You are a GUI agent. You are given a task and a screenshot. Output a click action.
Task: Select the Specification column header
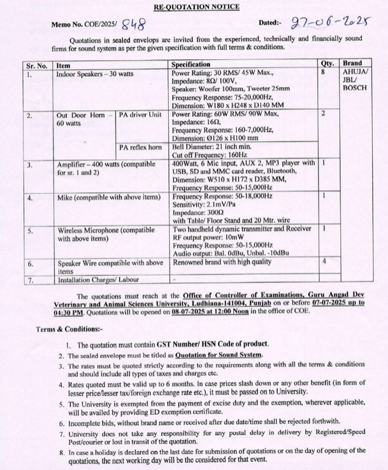pos(192,64)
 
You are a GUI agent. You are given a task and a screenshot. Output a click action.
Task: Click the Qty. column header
pos(327,64)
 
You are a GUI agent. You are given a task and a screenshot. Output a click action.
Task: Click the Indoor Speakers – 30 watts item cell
pos(96,74)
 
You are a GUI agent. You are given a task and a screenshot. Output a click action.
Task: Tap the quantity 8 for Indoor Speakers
pos(324,73)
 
